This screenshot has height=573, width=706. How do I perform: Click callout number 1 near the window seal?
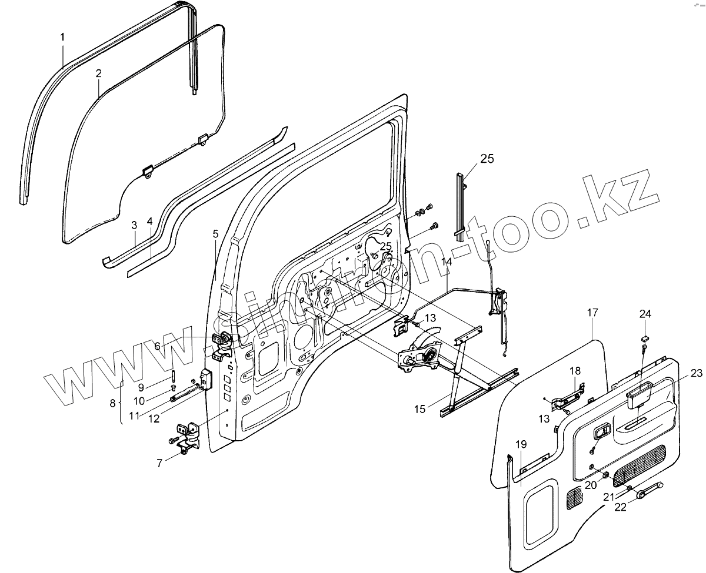click(62, 38)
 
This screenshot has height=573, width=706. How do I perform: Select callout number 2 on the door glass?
click(98, 73)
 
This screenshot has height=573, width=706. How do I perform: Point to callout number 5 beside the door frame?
click(215, 234)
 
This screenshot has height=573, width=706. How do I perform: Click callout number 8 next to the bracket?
click(113, 404)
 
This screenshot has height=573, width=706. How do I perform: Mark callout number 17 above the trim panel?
click(592, 314)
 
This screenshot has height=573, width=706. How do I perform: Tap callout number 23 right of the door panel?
click(697, 373)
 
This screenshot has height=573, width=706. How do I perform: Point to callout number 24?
click(645, 313)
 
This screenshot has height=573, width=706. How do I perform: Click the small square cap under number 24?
click(644, 338)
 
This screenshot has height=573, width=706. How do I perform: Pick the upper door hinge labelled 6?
click(222, 342)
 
